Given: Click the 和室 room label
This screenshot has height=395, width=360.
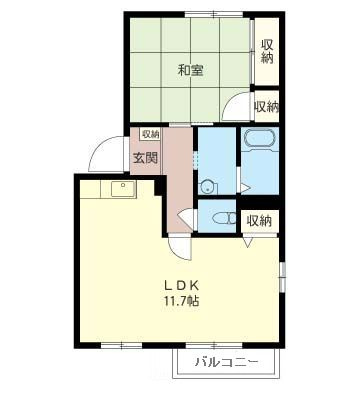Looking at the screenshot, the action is coord(190,71).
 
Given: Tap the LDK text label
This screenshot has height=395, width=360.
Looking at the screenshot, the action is coord(182,285).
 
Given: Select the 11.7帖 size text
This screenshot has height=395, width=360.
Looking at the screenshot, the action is coord(181,301).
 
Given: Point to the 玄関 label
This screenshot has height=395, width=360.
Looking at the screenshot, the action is coord(146,158).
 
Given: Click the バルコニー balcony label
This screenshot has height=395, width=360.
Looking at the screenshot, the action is coord(226,362).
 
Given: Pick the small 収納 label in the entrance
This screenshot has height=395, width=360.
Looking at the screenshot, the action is coord(151,134).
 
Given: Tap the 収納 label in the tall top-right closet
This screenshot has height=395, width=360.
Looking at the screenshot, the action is coord(267,51).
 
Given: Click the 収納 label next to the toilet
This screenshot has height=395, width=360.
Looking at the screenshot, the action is coord(259,221).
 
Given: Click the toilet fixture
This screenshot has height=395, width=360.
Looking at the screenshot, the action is coord(224,218).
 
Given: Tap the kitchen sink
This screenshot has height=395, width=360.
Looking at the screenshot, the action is coord(123,189).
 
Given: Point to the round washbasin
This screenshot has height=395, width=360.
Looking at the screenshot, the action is coord(208,187).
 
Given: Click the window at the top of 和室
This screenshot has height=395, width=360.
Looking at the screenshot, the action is coord(214,14).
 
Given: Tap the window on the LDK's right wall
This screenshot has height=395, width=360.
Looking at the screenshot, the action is coord(283,276).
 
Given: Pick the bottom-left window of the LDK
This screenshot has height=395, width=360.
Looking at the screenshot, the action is coord(121,346).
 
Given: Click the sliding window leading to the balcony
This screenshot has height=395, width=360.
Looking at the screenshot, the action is coord(214,346).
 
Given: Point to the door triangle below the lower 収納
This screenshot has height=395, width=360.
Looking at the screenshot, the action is coord(248,242).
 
